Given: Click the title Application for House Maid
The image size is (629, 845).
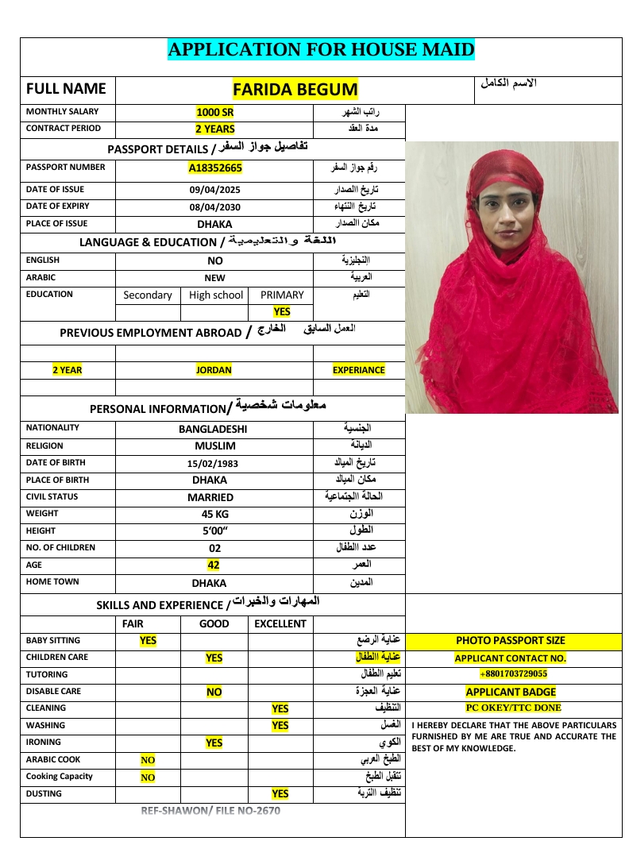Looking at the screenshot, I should point(321,50).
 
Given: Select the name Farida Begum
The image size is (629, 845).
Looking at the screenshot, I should point(295,89).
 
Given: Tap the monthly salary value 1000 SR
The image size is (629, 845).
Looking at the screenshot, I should point(214,112).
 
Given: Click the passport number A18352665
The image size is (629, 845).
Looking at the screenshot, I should point(214,168).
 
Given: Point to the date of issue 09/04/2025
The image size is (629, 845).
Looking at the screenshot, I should point(214,190).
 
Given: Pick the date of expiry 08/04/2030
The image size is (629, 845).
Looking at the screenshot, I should point(214,207).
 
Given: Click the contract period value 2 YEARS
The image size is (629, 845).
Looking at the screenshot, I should point(214,129).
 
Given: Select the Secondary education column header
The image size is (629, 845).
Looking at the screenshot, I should point(148,295).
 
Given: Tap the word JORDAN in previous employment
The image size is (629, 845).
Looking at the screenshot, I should point(214,370).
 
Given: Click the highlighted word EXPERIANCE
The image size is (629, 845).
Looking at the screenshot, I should point(359,370).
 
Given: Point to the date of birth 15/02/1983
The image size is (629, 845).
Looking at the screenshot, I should point(213,463).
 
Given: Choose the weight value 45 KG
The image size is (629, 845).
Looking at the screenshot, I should point(214,514).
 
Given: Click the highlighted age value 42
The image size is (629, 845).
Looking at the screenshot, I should point(214,565).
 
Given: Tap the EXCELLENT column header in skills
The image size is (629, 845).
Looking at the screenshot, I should point(280,624).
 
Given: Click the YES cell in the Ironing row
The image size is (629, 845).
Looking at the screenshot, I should point(214,743).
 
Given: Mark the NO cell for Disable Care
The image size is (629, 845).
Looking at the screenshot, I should point(214,693).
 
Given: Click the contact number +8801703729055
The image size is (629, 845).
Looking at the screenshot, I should point(513,674).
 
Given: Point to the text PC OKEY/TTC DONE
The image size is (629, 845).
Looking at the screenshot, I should point(513,708).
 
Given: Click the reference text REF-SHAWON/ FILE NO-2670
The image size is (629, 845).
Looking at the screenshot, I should point(210,811).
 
